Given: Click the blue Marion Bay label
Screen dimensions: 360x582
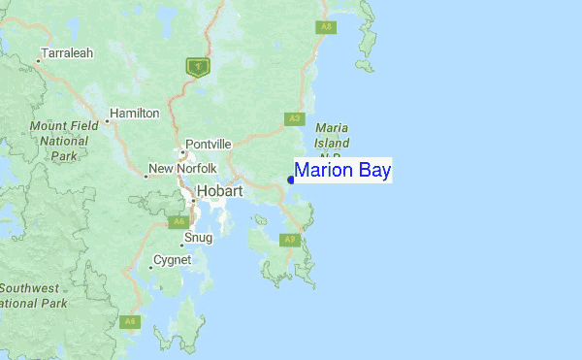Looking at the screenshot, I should [342, 171].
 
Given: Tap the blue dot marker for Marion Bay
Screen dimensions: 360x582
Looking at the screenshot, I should [291, 180].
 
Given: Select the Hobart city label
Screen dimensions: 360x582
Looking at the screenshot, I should [219, 191].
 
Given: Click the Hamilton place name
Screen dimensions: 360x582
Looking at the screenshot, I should [135, 114].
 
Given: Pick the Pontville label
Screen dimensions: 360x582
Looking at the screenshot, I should [209, 144].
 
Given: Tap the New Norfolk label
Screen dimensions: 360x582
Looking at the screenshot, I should [180, 170].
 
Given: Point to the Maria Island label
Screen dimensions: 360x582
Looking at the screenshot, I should [332, 135].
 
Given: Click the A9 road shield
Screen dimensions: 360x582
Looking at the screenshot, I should [289, 239].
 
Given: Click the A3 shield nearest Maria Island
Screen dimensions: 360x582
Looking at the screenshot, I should [295, 118].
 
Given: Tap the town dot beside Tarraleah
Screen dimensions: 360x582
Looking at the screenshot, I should [39, 61].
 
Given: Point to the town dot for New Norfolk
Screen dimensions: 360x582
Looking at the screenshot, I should [146, 177].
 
